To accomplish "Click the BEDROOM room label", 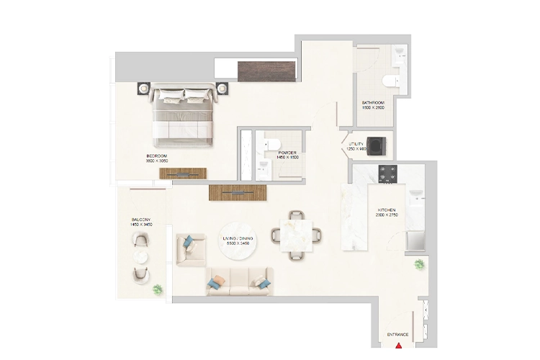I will click(156, 156).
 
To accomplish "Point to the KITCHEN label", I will click(387, 211).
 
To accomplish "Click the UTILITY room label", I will click(358, 145).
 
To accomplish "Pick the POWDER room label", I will click(288, 153).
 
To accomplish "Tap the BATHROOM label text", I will click(373, 103).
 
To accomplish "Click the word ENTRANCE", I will click(398, 335).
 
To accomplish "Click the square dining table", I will click(295, 233).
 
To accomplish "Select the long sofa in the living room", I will click(239, 280).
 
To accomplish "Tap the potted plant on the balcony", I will click(158, 289).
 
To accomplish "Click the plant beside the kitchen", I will click(418, 265).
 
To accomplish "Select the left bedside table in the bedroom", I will click(143, 89).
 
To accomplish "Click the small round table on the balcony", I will click(142, 257).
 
